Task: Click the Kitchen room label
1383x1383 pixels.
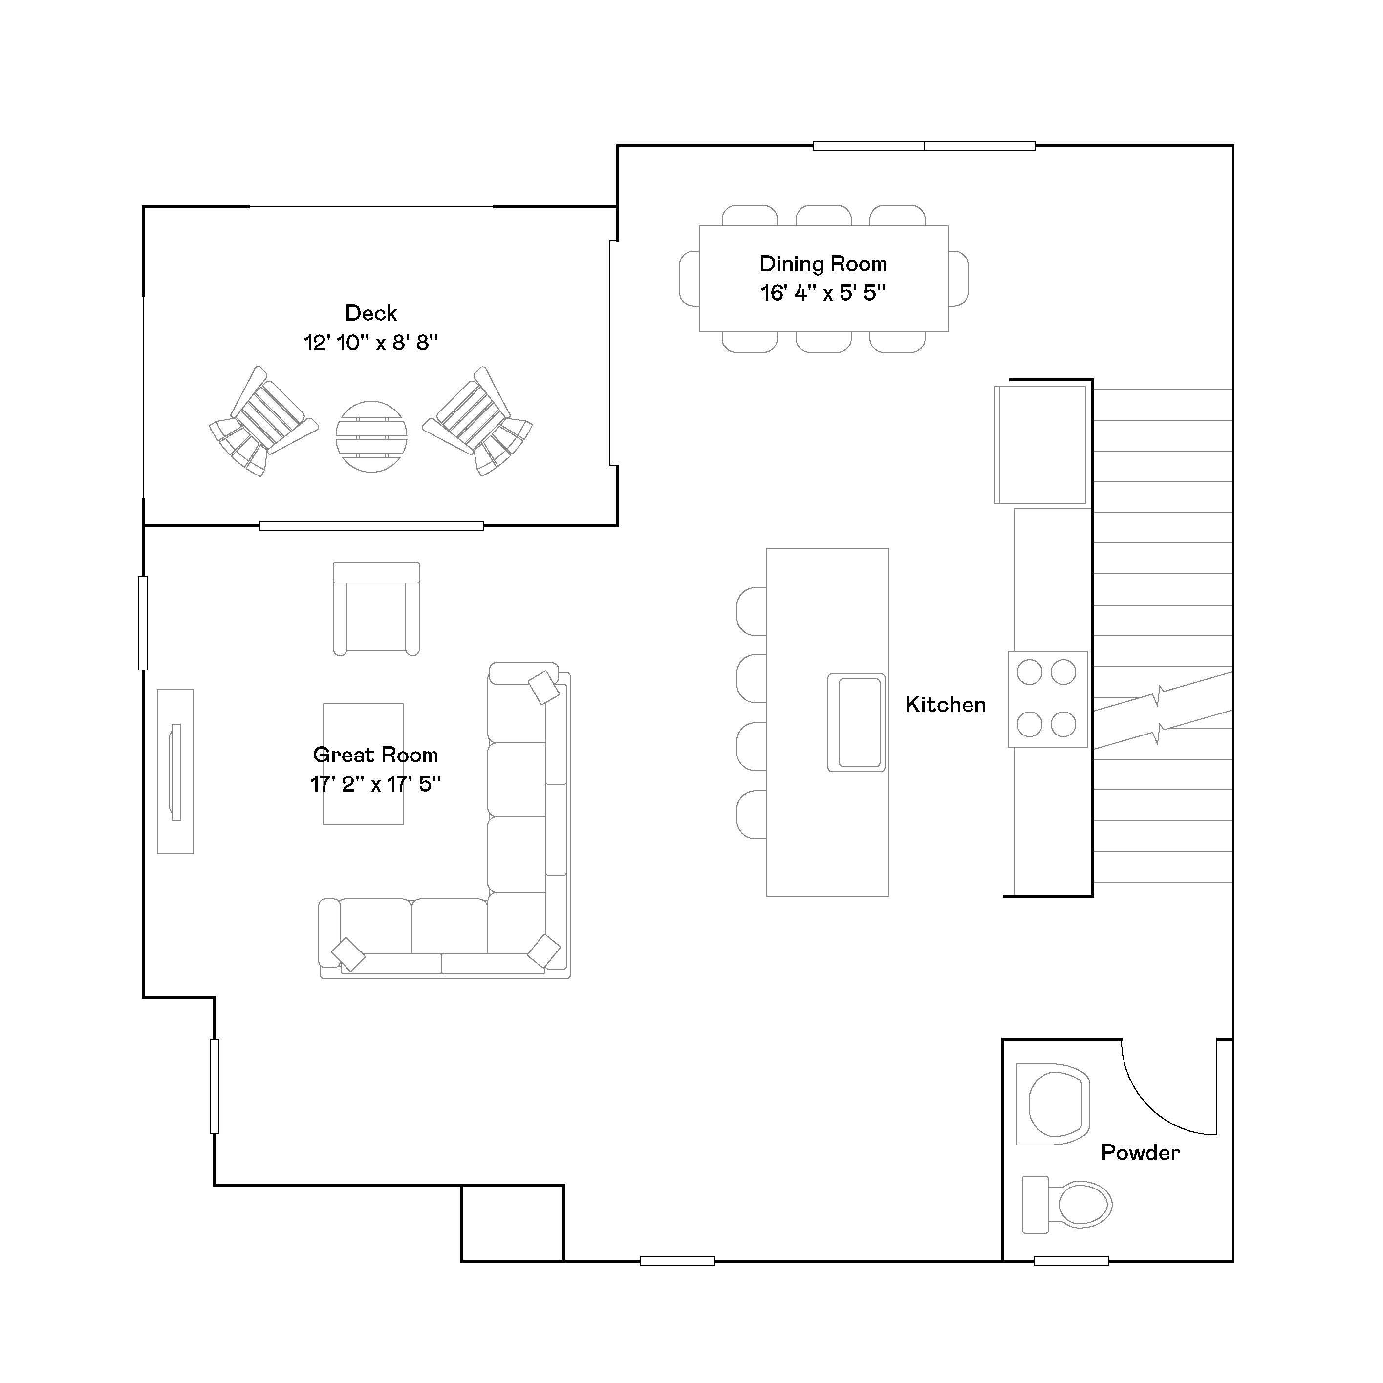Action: click(x=945, y=704)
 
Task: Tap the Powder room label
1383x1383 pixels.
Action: click(x=1140, y=1152)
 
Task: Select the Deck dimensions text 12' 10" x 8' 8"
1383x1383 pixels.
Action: click(x=371, y=343)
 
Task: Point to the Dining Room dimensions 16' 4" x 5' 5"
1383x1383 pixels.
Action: click(x=823, y=293)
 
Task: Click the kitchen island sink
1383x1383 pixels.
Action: click(x=857, y=722)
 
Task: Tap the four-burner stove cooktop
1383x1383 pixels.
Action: click(x=1047, y=699)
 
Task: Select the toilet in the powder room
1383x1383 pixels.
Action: click(x=1067, y=1204)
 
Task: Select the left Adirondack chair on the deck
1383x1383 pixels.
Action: click(x=263, y=422)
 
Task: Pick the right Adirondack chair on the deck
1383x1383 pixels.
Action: click(x=477, y=422)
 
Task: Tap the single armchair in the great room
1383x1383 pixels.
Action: click(x=376, y=608)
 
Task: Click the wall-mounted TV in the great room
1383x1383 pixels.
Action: click(x=175, y=772)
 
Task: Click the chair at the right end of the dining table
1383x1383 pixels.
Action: click(x=958, y=279)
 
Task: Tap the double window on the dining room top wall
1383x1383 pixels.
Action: click(x=924, y=146)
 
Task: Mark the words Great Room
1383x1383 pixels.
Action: click(x=375, y=755)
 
